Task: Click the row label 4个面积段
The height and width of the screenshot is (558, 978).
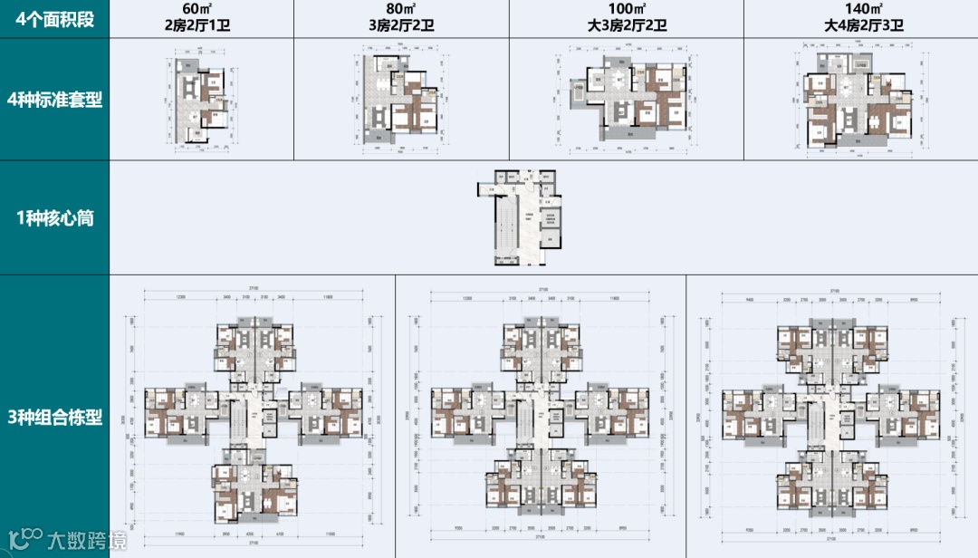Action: point(54,19)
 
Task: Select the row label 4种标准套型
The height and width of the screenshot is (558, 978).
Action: point(54,100)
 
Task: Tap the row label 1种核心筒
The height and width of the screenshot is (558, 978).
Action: point(54,218)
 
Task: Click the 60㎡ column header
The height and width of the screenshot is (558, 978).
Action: point(202,9)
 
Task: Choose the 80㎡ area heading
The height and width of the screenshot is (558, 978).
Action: point(401,9)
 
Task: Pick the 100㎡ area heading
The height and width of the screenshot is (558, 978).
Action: point(626,9)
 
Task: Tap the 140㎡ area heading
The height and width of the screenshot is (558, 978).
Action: point(861,9)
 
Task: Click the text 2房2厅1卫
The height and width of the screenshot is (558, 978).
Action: point(202,26)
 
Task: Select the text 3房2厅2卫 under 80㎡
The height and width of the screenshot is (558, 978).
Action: point(401,26)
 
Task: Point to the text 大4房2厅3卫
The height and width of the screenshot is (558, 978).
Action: point(861,26)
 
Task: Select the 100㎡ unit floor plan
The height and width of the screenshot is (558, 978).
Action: point(628,100)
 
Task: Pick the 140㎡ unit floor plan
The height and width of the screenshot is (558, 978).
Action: point(860,100)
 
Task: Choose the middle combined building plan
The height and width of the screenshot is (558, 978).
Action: point(540,417)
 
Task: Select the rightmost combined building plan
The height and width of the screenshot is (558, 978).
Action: point(831,417)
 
